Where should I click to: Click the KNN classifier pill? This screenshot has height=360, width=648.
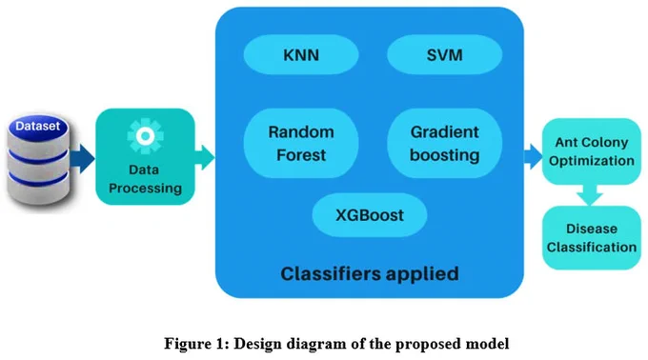tap(301, 54)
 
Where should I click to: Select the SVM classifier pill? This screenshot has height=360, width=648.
tap(445, 54)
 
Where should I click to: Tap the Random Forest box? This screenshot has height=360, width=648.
tap(301, 143)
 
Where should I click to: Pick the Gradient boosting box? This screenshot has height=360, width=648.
tap(445, 143)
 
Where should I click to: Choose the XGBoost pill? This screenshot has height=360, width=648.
tap(370, 215)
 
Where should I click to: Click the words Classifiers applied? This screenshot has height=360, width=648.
tap(370, 273)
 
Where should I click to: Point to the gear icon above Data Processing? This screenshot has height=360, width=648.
tap(145, 136)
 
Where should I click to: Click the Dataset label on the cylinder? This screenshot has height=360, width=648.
tap(37, 126)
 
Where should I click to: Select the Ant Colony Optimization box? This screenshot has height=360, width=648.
tap(592, 151)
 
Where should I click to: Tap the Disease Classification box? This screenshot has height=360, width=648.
tap(592, 238)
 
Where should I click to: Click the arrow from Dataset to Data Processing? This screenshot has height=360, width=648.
tap(82, 158)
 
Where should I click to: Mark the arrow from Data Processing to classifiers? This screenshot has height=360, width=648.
tap(204, 157)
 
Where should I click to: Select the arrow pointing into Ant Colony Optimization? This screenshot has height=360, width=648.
tap(533, 156)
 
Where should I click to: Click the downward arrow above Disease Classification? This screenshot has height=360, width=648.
tap(590, 195)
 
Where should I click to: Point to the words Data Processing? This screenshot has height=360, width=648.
tap(145, 179)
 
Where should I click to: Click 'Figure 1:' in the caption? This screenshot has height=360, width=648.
tap(196, 344)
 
